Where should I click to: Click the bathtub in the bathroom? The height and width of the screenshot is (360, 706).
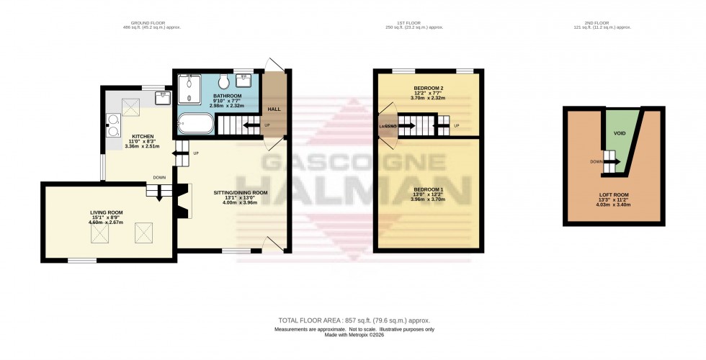[195, 124]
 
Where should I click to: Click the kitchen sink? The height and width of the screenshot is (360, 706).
[163, 96]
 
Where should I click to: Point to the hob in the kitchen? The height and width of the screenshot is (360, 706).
[113, 125]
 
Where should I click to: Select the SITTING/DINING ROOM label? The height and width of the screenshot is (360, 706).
[241, 192]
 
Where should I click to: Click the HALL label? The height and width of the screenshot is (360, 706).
[274, 109]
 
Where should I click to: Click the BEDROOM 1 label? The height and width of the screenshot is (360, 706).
[427, 189]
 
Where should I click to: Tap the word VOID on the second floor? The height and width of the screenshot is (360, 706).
[619, 133]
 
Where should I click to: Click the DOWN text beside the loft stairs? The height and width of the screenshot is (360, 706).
[596, 161]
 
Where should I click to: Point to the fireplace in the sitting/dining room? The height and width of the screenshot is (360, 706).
[185, 201]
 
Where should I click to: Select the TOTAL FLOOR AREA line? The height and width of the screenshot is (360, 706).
[354, 320]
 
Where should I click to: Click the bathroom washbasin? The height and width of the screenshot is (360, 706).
[244, 78]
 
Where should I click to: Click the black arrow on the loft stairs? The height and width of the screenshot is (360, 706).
[614, 161]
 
